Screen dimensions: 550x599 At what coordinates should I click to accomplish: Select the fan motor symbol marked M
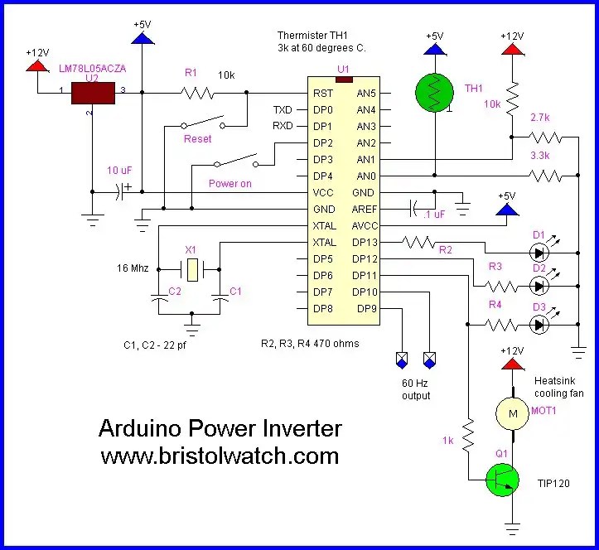click(x=511, y=412)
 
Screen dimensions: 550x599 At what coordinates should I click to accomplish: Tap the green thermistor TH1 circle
click(x=435, y=91)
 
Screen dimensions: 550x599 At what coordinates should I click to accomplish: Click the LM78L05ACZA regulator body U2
click(x=93, y=93)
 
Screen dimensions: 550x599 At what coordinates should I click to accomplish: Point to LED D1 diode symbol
click(x=540, y=253)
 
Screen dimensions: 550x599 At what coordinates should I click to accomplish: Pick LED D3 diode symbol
click(x=540, y=326)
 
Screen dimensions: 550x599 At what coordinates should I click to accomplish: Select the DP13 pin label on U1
click(x=367, y=242)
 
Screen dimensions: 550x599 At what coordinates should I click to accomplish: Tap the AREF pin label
click(x=365, y=209)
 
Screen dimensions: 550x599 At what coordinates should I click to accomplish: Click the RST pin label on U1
click(x=323, y=94)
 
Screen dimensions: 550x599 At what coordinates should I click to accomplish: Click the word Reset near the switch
click(x=197, y=139)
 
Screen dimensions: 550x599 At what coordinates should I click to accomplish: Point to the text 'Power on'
click(x=229, y=184)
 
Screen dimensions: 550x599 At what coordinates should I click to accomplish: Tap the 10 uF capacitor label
click(x=120, y=170)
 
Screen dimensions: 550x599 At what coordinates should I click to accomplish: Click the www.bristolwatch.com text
click(x=220, y=456)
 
